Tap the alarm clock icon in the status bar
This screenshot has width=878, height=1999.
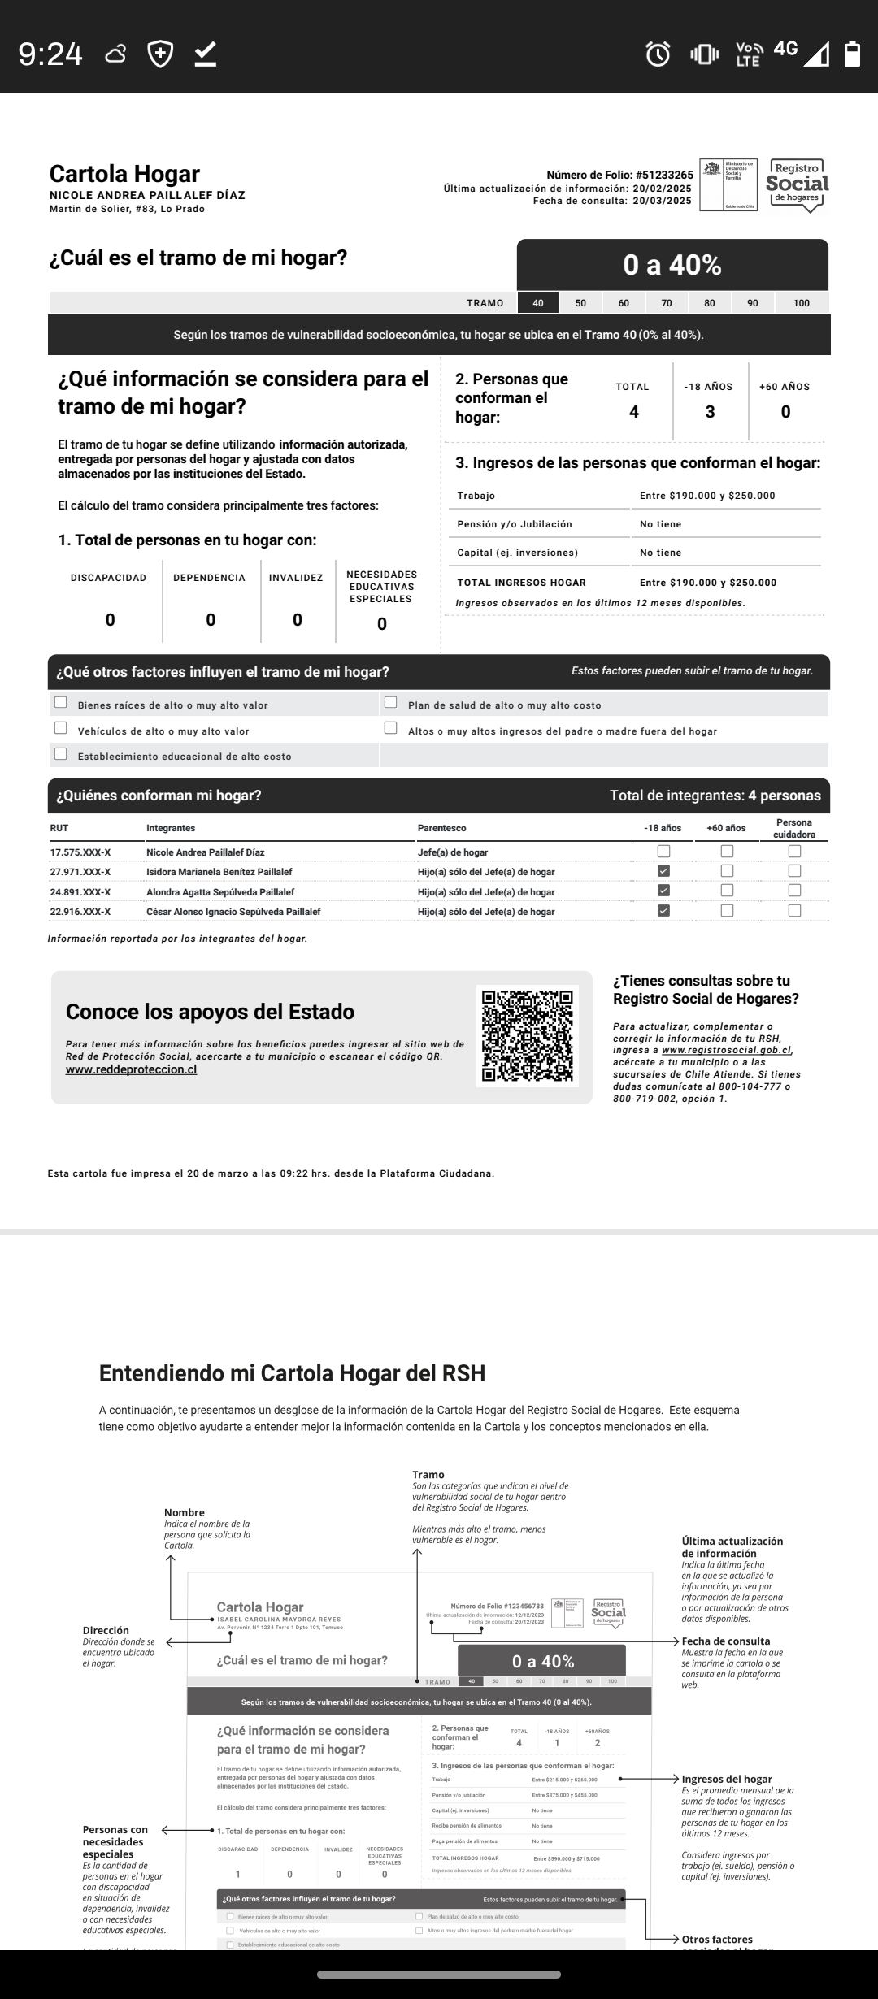point(658,54)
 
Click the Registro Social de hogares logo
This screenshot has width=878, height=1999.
point(798,185)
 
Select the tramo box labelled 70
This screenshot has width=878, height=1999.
point(667,303)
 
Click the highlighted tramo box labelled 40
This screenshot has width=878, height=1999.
point(538,303)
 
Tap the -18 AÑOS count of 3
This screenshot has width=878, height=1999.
point(710,412)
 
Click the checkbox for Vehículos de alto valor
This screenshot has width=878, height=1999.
point(61,728)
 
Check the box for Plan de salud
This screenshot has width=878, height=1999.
point(391,703)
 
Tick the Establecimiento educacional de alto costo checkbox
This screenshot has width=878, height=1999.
point(61,754)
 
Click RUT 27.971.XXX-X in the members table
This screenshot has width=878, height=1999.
point(80,872)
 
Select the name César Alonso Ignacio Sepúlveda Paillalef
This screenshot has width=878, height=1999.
point(233,912)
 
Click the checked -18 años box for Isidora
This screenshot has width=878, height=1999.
point(664,871)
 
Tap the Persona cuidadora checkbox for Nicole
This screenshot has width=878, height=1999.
point(794,852)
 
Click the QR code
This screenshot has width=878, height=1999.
point(528,1036)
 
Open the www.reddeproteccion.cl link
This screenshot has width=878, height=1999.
point(131,1069)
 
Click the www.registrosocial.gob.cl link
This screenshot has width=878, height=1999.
point(726,1050)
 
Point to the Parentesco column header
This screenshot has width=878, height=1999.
point(442,828)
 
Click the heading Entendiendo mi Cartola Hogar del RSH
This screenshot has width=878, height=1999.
point(292,1373)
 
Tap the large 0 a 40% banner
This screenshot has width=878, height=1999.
point(672,265)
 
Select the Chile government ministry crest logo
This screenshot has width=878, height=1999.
point(728,185)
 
